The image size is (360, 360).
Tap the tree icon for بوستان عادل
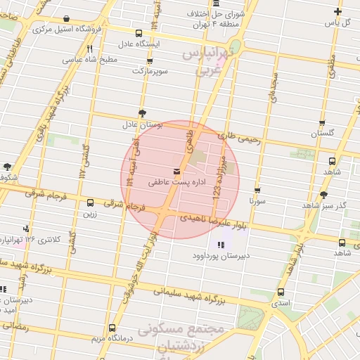[143, 113]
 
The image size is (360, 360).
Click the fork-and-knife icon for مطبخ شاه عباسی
[89, 49]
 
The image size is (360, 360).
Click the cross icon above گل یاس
[338, 11]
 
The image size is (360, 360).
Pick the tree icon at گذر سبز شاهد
[323, 195]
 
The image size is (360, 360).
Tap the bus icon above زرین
[90, 203]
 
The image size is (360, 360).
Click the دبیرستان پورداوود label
[219, 256]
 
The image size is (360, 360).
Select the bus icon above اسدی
[281, 292]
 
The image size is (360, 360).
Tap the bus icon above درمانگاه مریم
[112, 328]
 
